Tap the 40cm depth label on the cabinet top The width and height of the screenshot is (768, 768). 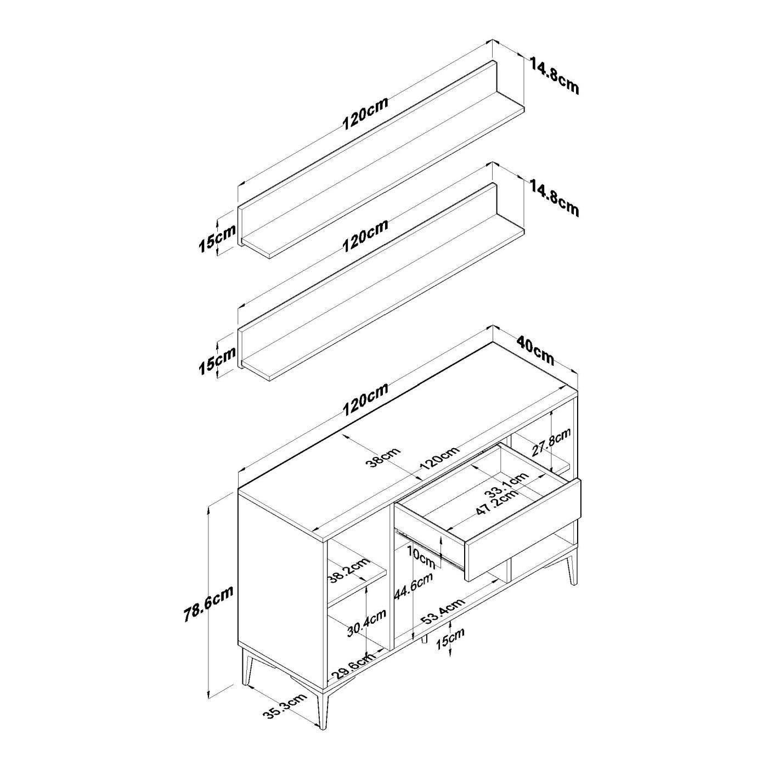click(535, 351)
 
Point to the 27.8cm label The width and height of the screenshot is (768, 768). click(552, 442)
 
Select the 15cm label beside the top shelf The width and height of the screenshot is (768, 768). click(217, 238)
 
